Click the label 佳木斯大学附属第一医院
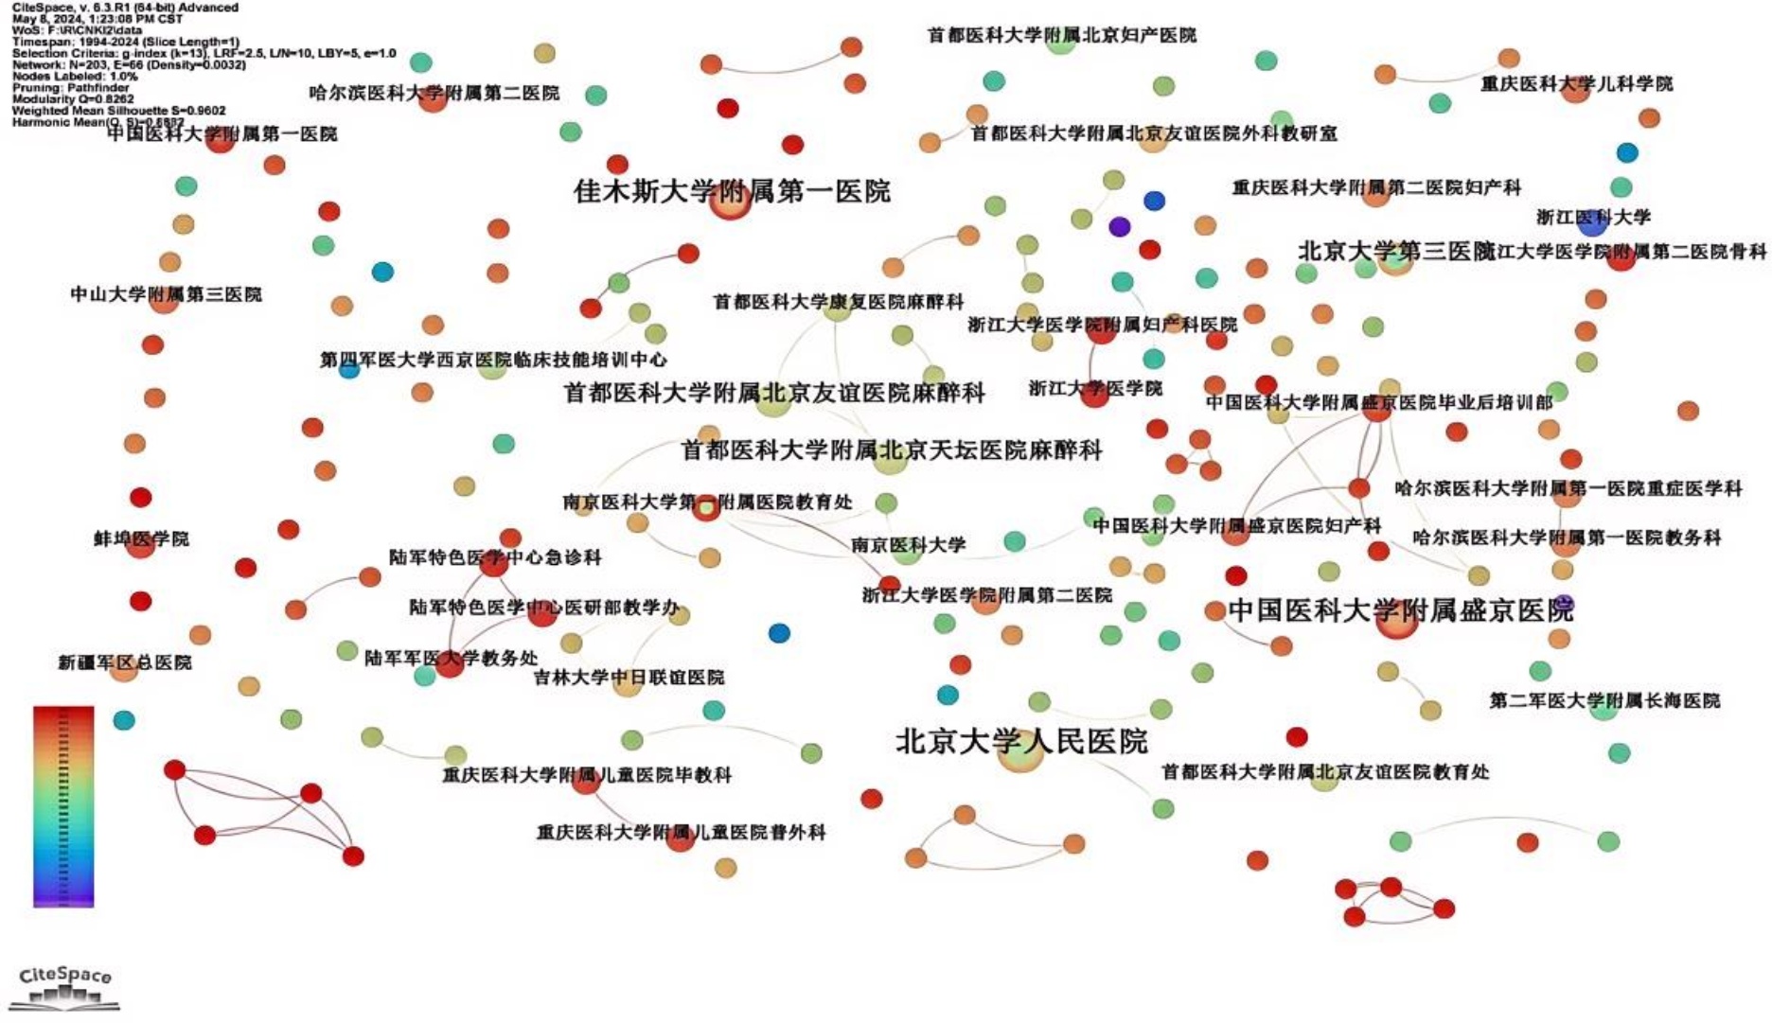(x=732, y=192)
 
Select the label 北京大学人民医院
(x=1021, y=741)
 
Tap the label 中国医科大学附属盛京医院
(x=1400, y=610)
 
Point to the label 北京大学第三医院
(x=1395, y=251)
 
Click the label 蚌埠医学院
(x=141, y=539)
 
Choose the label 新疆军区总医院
(x=125, y=662)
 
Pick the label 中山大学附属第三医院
(x=166, y=294)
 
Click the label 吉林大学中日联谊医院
(x=629, y=678)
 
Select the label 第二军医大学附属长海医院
(x=1604, y=701)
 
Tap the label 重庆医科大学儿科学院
(x=1576, y=83)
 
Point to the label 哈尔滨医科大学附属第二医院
(x=434, y=93)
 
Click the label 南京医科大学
(x=908, y=545)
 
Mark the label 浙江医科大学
(x=1593, y=217)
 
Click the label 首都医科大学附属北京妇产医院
(x=1061, y=35)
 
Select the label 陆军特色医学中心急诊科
(x=495, y=557)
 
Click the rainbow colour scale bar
(x=63, y=806)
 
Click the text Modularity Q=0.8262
(x=73, y=98)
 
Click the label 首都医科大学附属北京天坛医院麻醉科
(x=891, y=450)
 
